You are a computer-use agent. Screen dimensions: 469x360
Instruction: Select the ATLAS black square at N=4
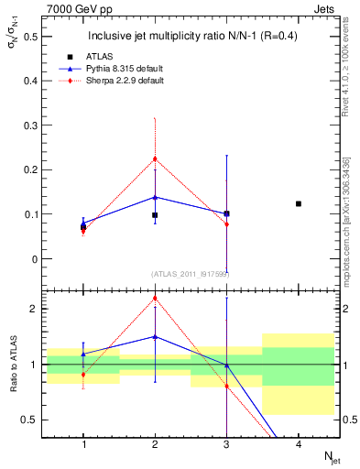[298, 203]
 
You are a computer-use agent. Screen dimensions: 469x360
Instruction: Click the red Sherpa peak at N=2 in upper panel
[155, 158]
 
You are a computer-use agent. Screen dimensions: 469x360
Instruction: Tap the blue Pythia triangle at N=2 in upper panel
[155, 197]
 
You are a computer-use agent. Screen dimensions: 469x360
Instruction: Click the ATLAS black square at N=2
[155, 215]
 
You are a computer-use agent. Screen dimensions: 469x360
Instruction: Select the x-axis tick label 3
[226, 443]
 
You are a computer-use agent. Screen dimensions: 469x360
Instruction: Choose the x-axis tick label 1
[83, 443]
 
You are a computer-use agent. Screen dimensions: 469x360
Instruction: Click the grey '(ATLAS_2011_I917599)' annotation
[191, 273]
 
